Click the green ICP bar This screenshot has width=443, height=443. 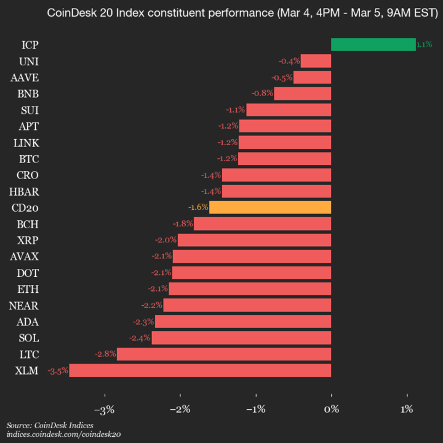[x=373, y=44]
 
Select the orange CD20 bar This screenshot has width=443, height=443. [x=270, y=207]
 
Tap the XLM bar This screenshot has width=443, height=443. [x=200, y=370]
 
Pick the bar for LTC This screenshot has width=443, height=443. [x=224, y=354]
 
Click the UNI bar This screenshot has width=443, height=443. [x=316, y=61]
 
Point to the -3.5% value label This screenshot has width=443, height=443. [x=58, y=370]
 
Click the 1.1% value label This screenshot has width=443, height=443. [x=424, y=44]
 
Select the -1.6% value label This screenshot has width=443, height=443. [x=198, y=207]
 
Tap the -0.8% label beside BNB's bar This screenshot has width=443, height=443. [x=262, y=94]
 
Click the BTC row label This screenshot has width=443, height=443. [x=28, y=159]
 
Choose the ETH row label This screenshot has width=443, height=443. [x=28, y=289]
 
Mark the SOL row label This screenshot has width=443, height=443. [x=28, y=338]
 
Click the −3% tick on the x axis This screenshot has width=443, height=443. [x=105, y=409]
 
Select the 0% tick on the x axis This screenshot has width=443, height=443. [x=332, y=409]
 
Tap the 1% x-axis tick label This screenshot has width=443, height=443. [x=407, y=409]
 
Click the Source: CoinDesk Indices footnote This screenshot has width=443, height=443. [x=50, y=425]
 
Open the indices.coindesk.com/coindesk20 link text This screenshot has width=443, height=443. [x=63, y=434]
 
